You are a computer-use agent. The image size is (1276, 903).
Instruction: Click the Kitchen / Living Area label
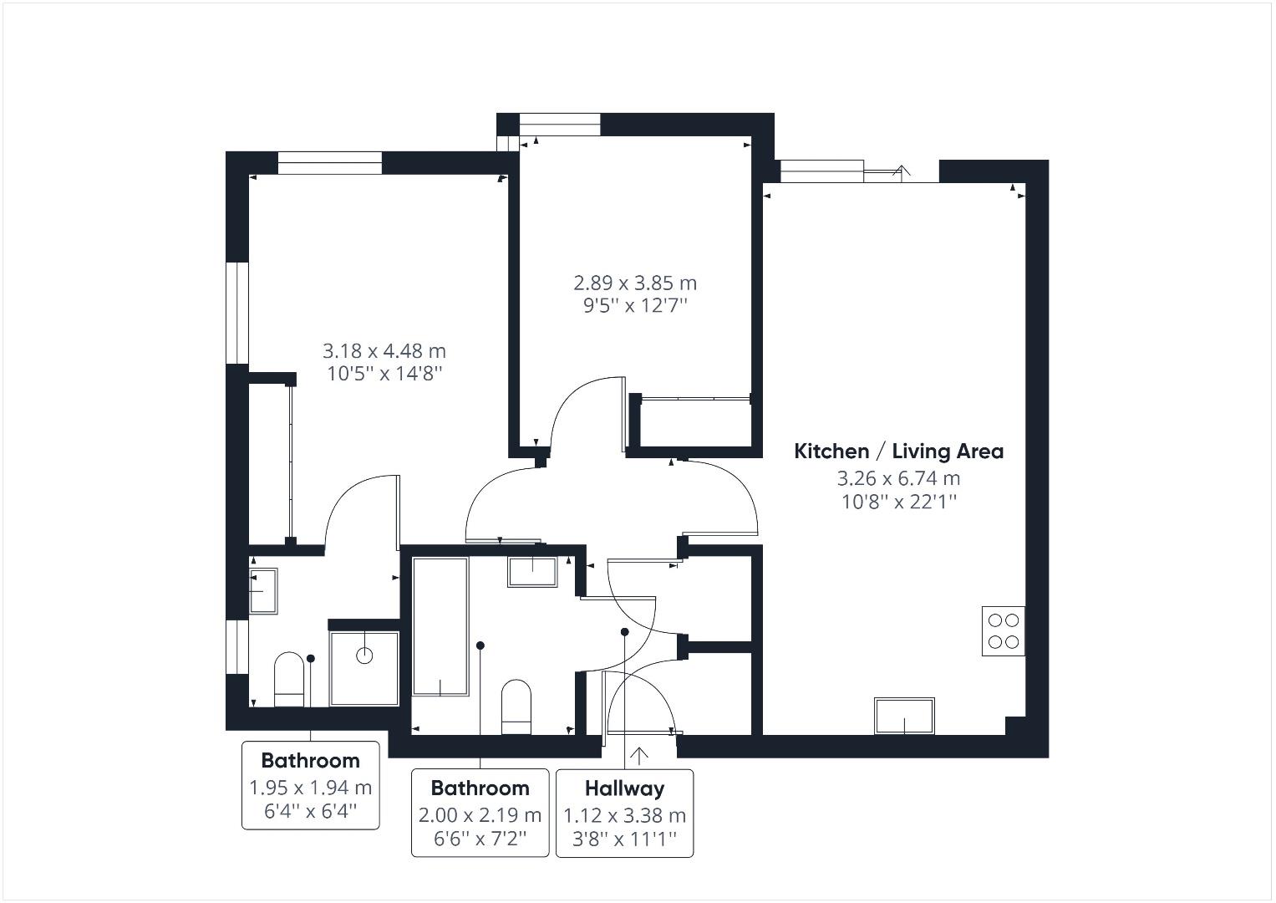click(x=898, y=451)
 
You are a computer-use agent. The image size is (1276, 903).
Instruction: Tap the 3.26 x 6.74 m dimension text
click(x=898, y=478)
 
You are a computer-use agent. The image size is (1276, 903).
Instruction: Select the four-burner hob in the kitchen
click(x=1003, y=631)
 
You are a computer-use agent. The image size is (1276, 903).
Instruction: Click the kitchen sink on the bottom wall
click(x=904, y=716)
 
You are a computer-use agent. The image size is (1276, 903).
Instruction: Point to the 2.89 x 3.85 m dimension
click(x=635, y=283)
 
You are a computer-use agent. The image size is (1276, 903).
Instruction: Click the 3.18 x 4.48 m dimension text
click(x=384, y=350)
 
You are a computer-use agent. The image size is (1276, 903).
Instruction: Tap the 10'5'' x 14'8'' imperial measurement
click(x=384, y=374)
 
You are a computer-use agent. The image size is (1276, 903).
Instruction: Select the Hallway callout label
click(x=624, y=788)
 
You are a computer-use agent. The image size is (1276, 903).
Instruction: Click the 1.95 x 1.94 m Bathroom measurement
click(x=311, y=788)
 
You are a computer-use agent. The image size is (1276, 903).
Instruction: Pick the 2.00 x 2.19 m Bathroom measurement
click(x=480, y=814)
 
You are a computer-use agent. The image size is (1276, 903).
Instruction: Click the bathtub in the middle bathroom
click(x=440, y=625)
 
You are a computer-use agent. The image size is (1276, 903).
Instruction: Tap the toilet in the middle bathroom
click(x=516, y=707)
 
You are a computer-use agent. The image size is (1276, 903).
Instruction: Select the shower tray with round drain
click(x=364, y=668)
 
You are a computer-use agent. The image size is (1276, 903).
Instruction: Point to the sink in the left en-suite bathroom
click(x=264, y=590)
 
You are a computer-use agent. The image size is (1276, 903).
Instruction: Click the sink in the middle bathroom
click(x=532, y=571)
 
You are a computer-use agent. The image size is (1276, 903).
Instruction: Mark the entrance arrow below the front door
click(x=639, y=756)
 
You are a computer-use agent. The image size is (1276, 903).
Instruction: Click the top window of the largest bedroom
click(x=329, y=163)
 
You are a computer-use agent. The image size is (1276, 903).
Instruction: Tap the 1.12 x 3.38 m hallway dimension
click(x=624, y=815)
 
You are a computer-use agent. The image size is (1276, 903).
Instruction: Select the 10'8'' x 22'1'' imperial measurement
click(x=898, y=502)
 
